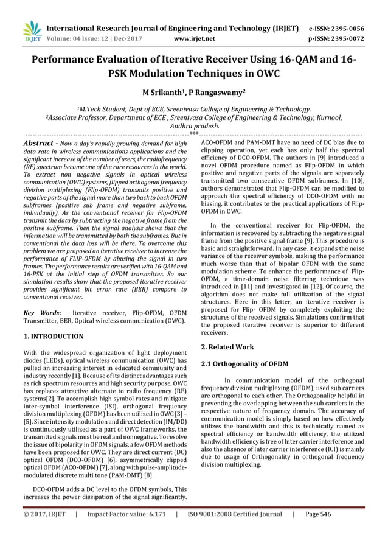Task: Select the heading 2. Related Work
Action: [x=227, y=346]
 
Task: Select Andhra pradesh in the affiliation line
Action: [x=194, y=126]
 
